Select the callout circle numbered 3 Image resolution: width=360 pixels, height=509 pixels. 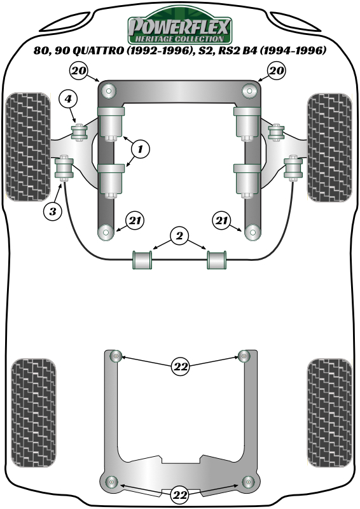click(x=53, y=210)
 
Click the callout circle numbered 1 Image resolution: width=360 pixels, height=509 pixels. click(x=141, y=150)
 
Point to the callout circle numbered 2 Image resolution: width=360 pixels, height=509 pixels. click(x=180, y=237)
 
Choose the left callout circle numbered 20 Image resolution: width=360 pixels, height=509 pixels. click(x=79, y=71)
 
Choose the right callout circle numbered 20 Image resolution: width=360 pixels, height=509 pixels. click(x=277, y=71)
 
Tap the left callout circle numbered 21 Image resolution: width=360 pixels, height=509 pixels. click(x=134, y=221)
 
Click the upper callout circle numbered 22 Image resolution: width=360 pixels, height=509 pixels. click(x=180, y=366)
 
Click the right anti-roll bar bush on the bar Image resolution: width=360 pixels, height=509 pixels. click(x=217, y=260)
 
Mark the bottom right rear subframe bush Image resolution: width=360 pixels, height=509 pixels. click(x=249, y=480)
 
